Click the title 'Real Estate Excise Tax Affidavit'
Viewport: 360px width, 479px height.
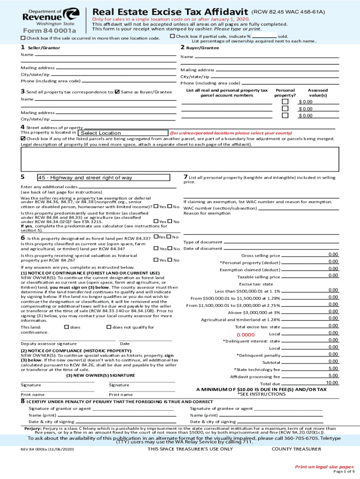point(170,11)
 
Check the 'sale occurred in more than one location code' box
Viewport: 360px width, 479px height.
point(23,38)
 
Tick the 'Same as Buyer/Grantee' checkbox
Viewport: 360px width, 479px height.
point(117,92)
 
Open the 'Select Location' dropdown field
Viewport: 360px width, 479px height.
point(101,133)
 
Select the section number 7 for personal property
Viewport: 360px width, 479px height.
point(186,176)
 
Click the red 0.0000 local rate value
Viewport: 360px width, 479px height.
point(245,335)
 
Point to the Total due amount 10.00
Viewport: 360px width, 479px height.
point(332,383)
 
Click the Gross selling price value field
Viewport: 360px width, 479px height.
point(333,254)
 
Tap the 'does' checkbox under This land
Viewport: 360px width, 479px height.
point(66,327)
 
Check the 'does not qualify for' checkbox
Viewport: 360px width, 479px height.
point(109,327)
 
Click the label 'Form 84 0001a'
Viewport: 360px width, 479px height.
point(45,31)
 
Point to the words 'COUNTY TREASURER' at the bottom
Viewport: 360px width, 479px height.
point(296,449)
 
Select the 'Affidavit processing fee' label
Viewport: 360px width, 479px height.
point(255,377)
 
